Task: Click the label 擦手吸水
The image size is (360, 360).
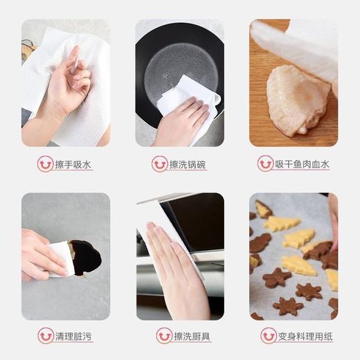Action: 74,165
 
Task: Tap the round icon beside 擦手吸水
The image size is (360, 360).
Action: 46,164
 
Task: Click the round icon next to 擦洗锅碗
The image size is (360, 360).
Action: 159,164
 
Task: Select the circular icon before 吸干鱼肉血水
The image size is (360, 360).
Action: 265,164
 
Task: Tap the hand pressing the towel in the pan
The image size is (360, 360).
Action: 183,125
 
